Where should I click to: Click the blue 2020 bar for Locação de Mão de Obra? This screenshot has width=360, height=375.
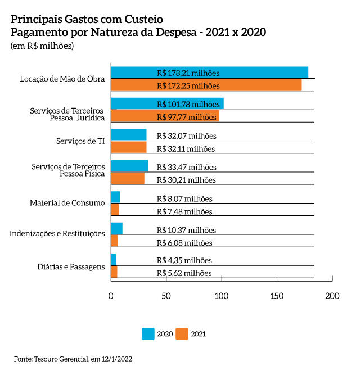click(209, 73)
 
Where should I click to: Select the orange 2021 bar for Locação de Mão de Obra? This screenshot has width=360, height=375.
click(206, 85)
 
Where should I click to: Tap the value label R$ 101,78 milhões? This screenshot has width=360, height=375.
click(188, 104)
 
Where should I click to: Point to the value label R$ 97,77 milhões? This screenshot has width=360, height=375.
click(186, 117)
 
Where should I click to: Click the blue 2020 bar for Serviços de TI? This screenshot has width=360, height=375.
click(128, 135)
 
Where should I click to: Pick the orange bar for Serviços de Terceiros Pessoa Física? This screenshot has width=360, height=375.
click(127, 179)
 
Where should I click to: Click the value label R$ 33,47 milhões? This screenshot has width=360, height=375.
click(186, 167)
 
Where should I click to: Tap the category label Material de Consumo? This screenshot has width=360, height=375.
click(67, 202)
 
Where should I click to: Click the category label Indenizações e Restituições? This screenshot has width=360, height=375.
click(57, 233)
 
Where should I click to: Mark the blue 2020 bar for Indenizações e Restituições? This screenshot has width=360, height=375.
click(116, 228)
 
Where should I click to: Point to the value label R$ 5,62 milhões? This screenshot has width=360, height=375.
click(184, 273)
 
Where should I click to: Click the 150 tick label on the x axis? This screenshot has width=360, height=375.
click(277, 296)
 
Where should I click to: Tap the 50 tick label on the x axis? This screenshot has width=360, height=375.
click(166, 296)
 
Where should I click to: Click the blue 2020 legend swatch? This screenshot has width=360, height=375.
click(148, 333)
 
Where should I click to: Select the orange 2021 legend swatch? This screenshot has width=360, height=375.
click(182, 333)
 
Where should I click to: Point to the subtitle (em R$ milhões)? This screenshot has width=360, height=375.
click(42, 46)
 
